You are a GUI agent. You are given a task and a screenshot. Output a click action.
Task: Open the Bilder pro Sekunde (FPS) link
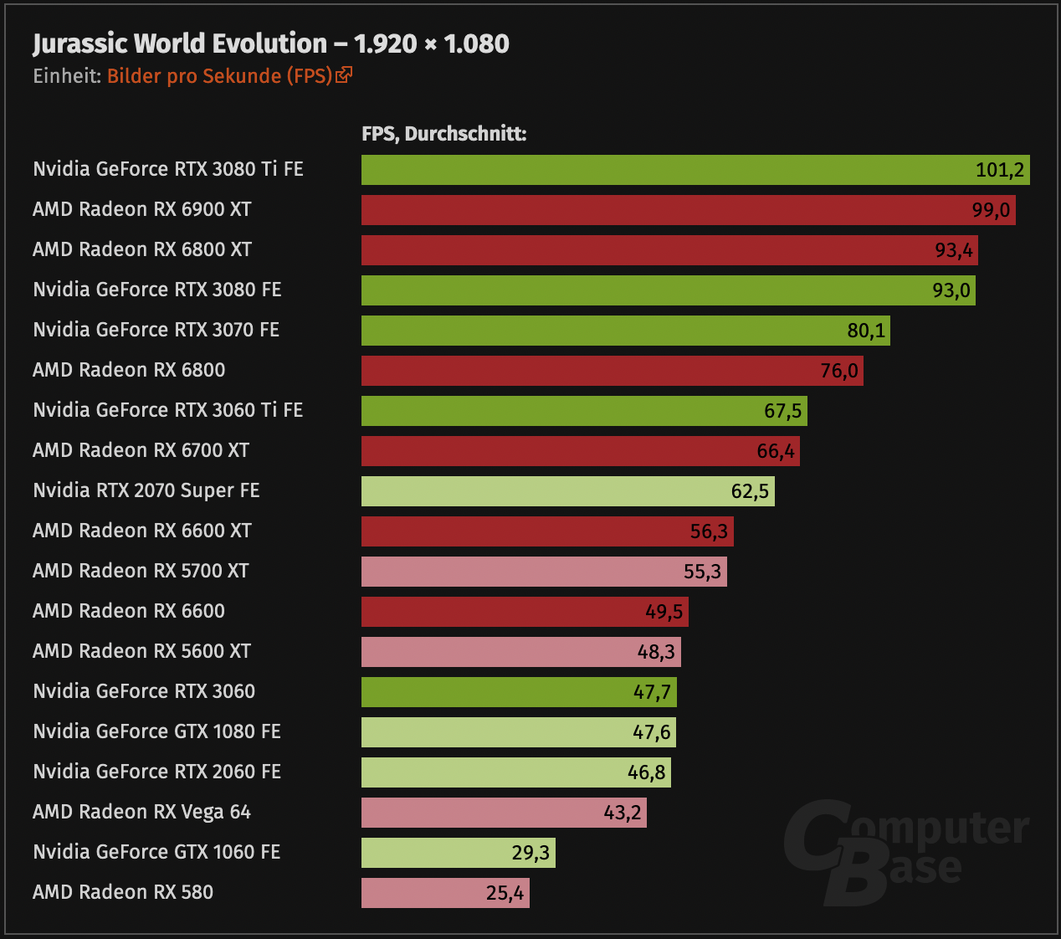pos(219,76)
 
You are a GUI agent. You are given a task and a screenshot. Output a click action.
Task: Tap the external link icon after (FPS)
pos(344,75)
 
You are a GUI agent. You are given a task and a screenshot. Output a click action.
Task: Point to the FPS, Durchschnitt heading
pos(443,134)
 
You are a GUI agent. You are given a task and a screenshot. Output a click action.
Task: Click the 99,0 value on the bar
pos(991,210)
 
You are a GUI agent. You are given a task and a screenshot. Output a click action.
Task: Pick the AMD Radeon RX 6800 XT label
pos(142,249)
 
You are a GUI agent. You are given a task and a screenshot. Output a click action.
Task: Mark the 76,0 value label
pos(839,371)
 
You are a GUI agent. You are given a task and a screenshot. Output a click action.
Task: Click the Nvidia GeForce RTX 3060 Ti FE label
pos(167,410)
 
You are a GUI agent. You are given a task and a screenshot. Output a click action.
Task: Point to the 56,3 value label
pos(709,531)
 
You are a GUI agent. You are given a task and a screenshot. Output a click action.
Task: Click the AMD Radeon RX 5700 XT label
pos(141,571)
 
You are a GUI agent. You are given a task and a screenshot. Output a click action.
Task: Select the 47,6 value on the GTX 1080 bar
pos(652,732)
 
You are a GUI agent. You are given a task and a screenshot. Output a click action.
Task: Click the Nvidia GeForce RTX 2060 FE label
pos(156,772)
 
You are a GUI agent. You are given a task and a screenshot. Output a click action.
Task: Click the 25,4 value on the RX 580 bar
pos(505,893)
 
